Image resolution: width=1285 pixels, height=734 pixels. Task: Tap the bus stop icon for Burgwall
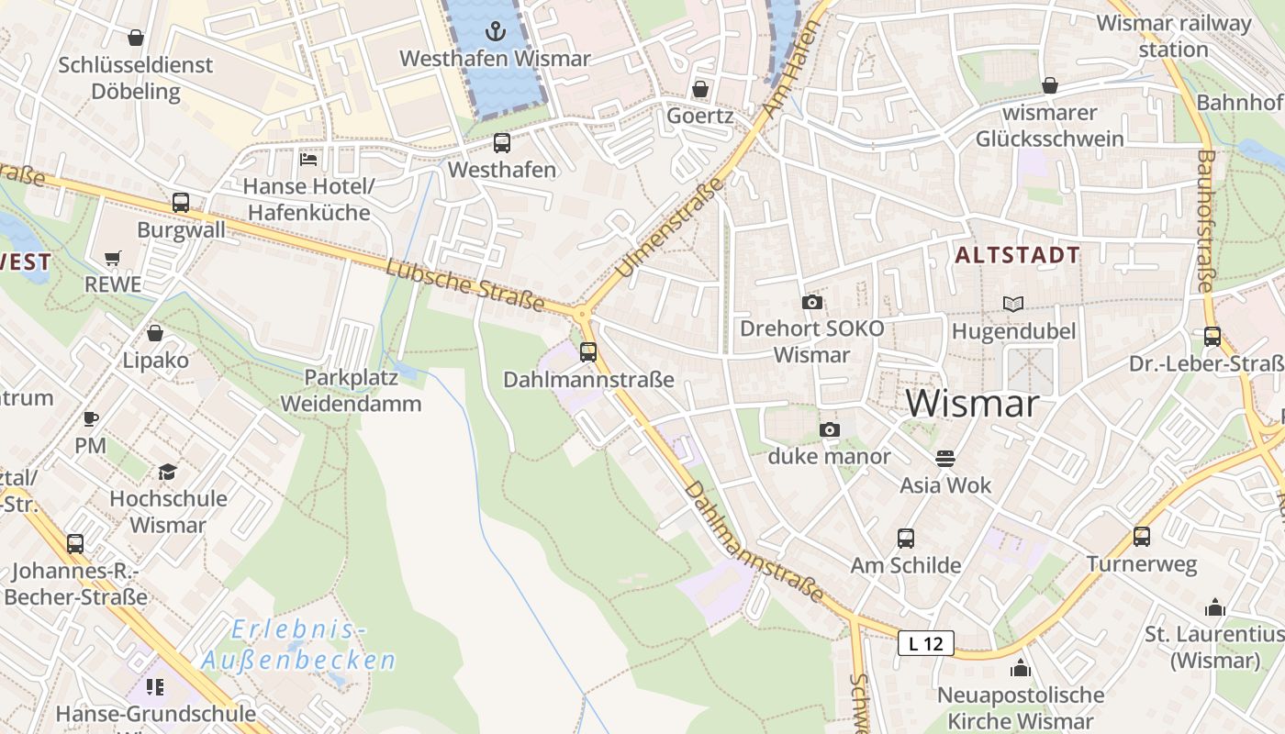coord(181,203)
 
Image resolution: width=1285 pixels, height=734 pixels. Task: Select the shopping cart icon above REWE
coord(113,259)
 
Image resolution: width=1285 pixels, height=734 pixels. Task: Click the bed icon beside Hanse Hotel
coord(308,160)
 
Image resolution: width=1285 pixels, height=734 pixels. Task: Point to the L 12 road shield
coord(925,643)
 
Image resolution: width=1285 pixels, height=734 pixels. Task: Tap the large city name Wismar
coord(972,404)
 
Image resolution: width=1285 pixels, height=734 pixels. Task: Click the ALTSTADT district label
coord(1017,255)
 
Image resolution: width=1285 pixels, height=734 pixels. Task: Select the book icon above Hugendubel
coord(1013,304)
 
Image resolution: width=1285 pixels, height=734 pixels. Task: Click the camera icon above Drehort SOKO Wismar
coord(811,302)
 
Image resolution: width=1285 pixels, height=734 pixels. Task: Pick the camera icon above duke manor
coord(829,429)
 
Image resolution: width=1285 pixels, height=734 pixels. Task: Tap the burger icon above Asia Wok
coord(945,458)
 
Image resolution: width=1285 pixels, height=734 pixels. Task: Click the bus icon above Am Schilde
coord(905,539)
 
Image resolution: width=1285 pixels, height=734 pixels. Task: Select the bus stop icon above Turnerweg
coord(1142,537)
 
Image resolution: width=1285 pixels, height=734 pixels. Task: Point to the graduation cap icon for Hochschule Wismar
coord(167,472)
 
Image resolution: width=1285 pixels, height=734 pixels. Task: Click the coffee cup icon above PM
coord(91,419)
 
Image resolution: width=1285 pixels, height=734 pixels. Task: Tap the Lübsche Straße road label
coord(465,285)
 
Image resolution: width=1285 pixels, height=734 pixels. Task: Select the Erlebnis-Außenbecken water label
coord(297,645)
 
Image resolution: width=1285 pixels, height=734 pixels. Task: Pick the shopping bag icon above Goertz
coord(700,89)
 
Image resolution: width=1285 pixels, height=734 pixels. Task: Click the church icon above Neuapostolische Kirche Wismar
coord(1020,668)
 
